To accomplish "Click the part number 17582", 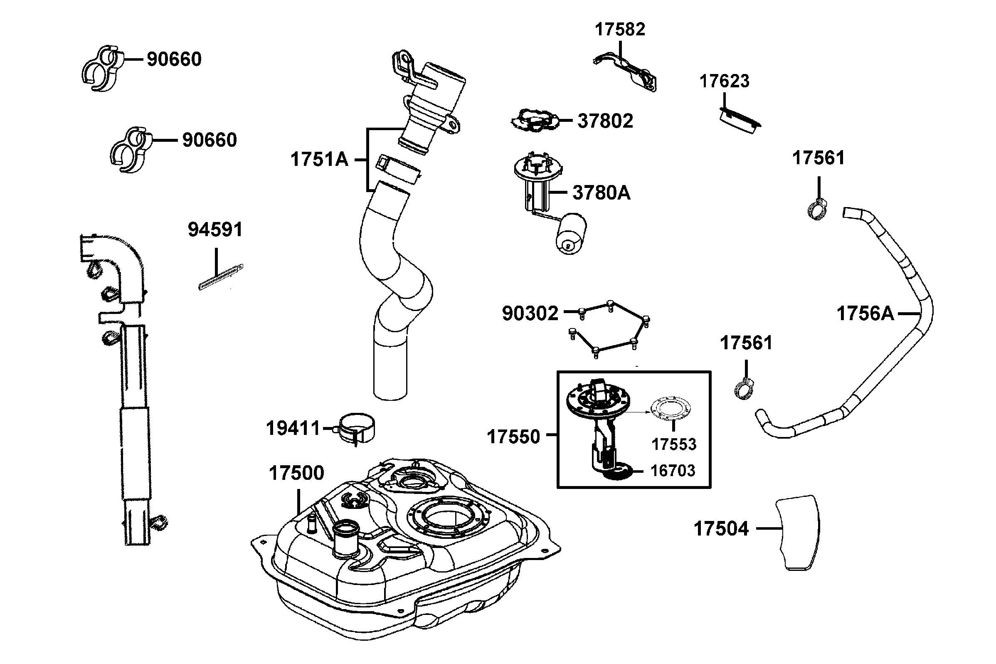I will pyautogui.click(x=620, y=30).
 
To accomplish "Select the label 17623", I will pyautogui.click(x=724, y=81).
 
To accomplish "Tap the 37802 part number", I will pyautogui.click(x=605, y=121).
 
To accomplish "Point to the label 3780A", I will pyautogui.click(x=601, y=193).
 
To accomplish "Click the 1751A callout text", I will pyautogui.click(x=319, y=160).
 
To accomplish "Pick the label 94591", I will pyautogui.click(x=215, y=230).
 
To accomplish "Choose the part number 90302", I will pyautogui.click(x=530, y=314).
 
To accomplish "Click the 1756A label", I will pyautogui.click(x=865, y=314).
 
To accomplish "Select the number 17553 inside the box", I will pyautogui.click(x=673, y=444).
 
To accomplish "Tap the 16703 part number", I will pyautogui.click(x=673, y=471).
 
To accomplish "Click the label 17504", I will pyautogui.click(x=721, y=529).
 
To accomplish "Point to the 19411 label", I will pyautogui.click(x=293, y=429).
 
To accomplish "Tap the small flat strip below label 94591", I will pyautogui.click(x=221, y=277).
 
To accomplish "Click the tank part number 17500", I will pyautogui.click(x=296, y=473).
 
